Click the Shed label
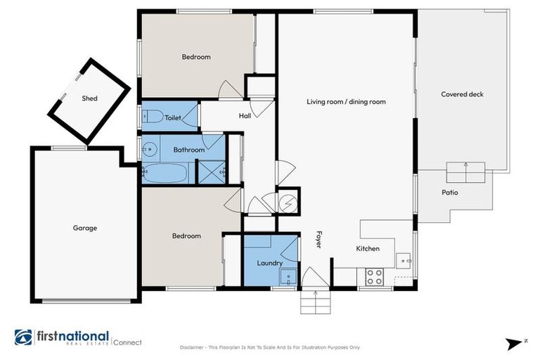(89, 98)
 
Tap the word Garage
(85, 228)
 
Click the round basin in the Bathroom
(149, 149)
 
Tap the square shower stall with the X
(210, 172)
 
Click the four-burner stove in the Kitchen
(375, 277)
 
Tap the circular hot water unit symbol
(288, 202)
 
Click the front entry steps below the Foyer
(315, 302)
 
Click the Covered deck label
(462, 94)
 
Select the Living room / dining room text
(346, 102)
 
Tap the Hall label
(245, 116)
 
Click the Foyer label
(318, 240)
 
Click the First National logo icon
(22, 337)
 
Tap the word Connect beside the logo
(127, 342)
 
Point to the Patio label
(450, 192)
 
